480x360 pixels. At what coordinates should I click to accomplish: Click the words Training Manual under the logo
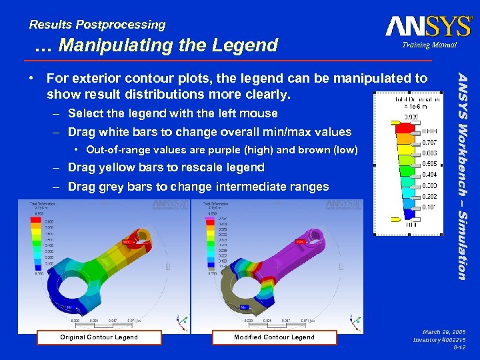[x=429, y=45]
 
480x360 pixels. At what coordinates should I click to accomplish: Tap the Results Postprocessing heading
[x=97, y=25]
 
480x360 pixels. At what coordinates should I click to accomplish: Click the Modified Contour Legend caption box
[x=274, y=337]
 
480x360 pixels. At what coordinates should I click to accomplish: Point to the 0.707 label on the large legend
[x=430, y=142]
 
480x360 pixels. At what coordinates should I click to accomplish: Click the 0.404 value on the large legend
[x=430, y=174]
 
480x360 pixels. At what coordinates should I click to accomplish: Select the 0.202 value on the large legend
[x=430, y=196]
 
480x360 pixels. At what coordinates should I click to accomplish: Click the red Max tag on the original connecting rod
[x=127, y=241]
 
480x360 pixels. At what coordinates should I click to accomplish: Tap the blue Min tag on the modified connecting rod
[x=245, y=306]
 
